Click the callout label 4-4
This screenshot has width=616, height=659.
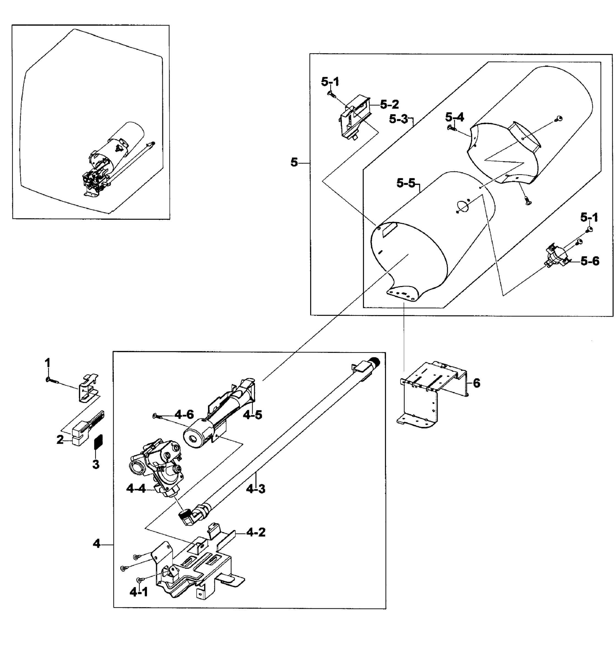point(136,488)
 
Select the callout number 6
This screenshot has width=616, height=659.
point(476,383)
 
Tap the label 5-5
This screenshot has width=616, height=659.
point(406,183)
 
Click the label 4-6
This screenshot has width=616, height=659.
point(184,414)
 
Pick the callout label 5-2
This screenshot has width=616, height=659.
point(389,104)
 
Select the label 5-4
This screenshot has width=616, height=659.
point(454,117)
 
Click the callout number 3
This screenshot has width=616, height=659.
point(96,464)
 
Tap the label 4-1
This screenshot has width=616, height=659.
point(139,592)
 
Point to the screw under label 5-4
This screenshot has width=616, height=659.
point(451,127)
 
